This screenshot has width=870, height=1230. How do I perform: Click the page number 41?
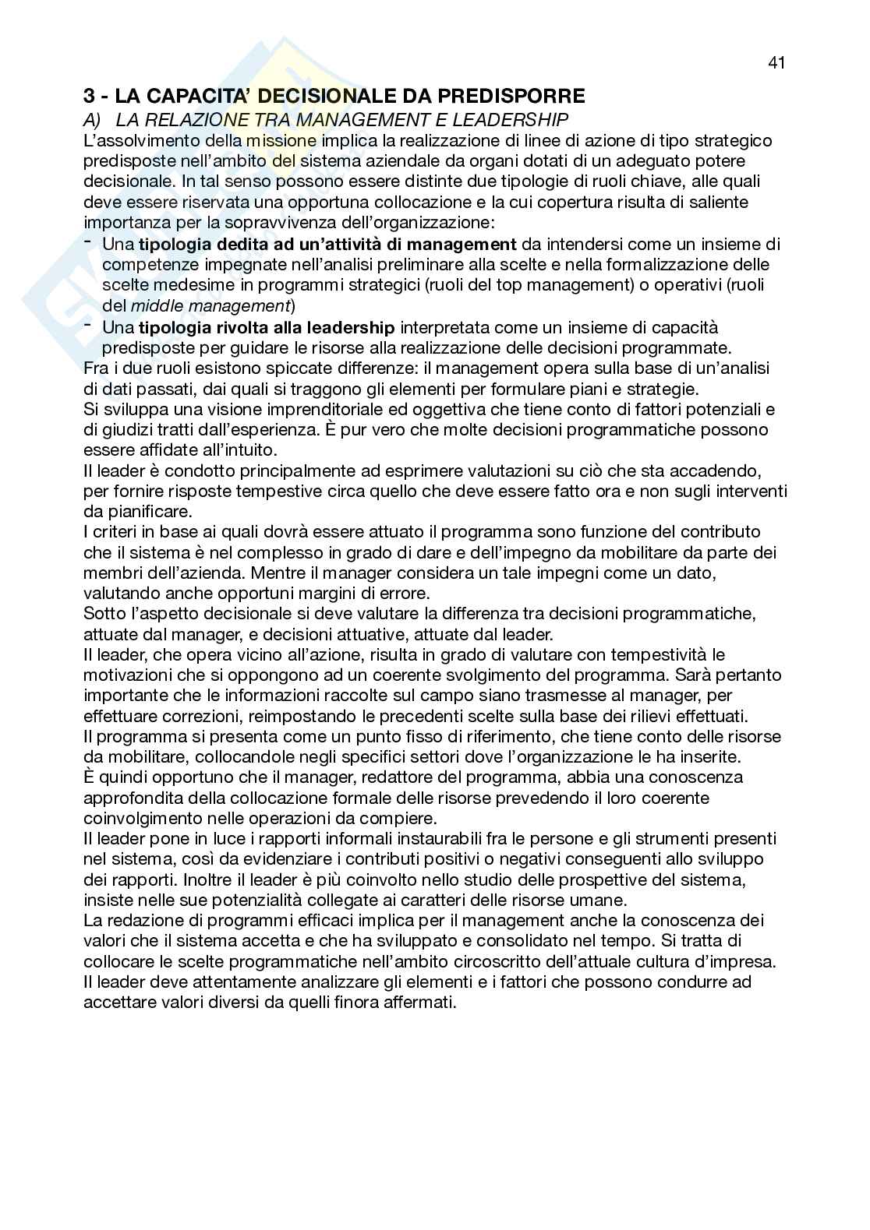tap(776, 63)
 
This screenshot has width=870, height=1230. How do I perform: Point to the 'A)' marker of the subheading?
tap(94, 119)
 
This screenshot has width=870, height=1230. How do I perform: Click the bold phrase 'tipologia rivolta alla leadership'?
tap(267, 326)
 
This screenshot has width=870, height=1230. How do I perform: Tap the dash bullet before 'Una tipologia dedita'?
tap(87, 242)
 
